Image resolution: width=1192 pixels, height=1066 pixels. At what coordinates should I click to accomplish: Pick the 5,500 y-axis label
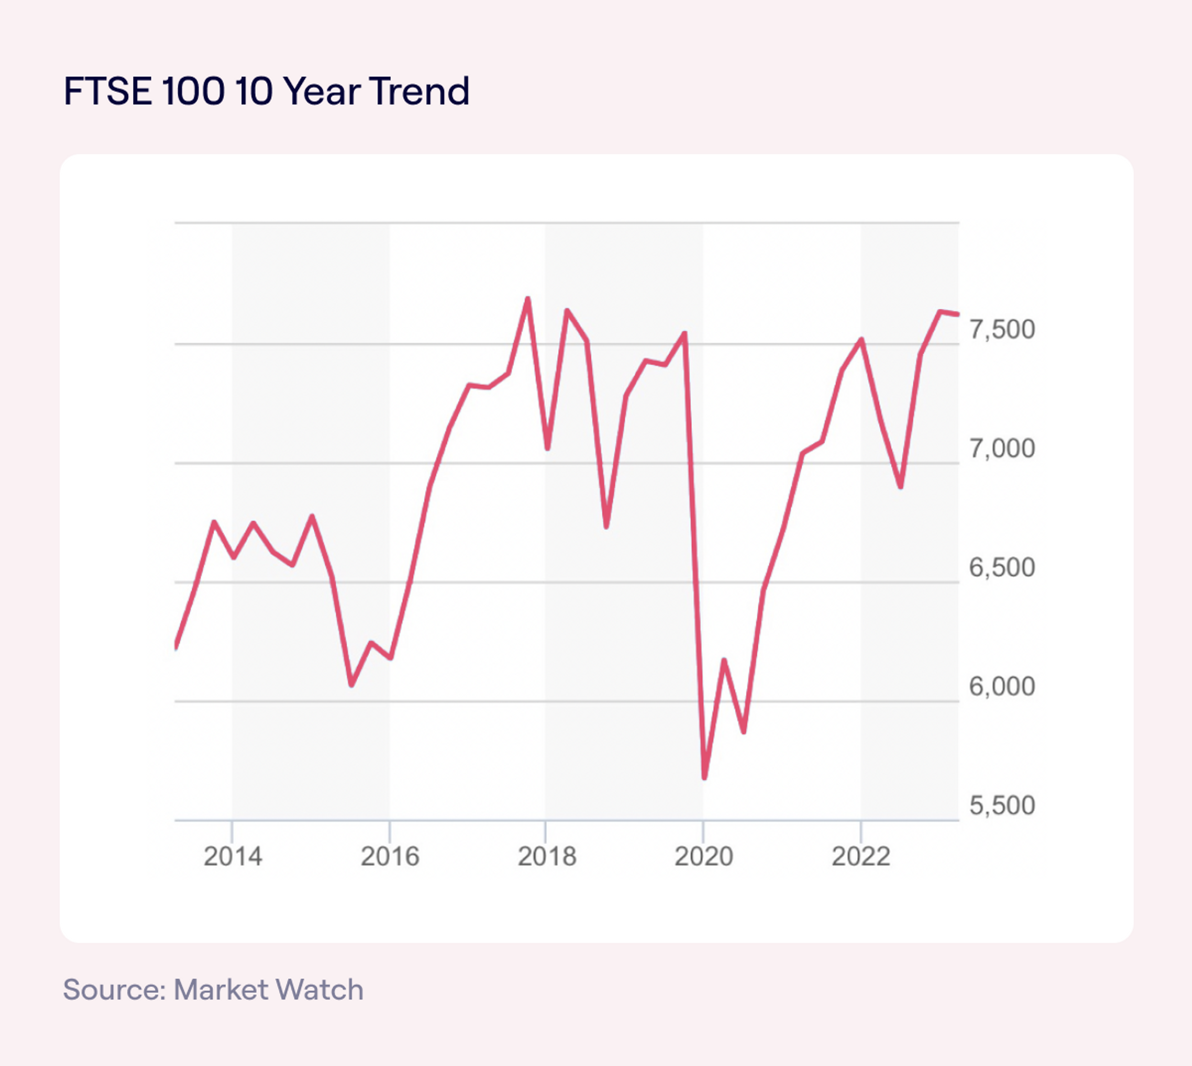coord(1002,806)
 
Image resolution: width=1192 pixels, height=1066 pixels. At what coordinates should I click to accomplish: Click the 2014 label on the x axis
coord(233,857)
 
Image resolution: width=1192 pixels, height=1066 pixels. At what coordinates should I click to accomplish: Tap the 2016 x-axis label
coord(390,857)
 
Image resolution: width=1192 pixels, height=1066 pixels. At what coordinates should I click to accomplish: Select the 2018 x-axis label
coord(547,857)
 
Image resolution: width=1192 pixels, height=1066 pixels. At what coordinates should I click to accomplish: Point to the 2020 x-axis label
coord(703,857)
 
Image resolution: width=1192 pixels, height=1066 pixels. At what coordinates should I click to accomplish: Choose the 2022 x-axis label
coord(860,857)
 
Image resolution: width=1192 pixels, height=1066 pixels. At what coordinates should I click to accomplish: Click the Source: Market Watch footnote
coord(213,990)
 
